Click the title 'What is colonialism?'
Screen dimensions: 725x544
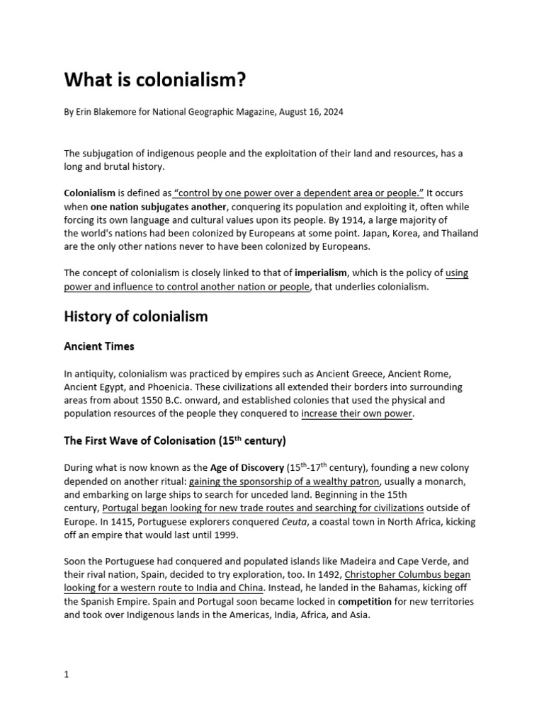click(x=154, y=80)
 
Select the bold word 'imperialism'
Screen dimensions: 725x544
click(x=320, y=273)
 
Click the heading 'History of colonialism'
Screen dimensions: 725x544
click(x=136, y=316)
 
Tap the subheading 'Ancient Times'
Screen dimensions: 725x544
click(x=99, y=347)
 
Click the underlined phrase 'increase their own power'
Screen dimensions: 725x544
click(x=356, y=414)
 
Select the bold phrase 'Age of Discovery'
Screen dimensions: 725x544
click(x=246, y=468)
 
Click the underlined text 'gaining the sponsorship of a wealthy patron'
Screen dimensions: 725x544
click(x=280, y=481)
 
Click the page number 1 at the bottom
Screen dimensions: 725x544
click(x=67, y=675)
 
